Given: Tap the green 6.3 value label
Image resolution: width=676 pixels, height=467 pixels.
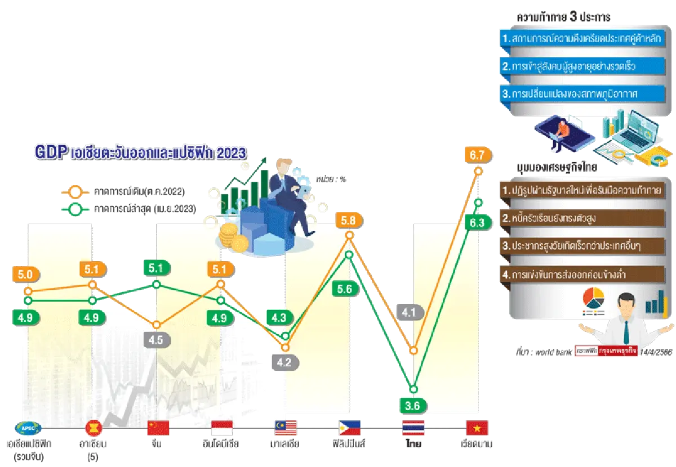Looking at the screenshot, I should point(477,223).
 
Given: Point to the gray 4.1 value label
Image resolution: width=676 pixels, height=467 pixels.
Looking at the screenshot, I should point(409,311).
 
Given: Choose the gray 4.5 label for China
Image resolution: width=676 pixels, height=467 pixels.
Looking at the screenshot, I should point(156,340).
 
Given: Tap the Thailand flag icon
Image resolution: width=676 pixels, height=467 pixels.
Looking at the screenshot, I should point(413,428).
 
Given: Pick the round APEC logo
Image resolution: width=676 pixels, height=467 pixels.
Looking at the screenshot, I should point(28,428).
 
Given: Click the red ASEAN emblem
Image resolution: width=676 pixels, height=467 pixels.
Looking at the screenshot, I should point(92,428).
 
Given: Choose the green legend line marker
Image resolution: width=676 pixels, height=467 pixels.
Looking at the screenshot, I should point(74,209).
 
